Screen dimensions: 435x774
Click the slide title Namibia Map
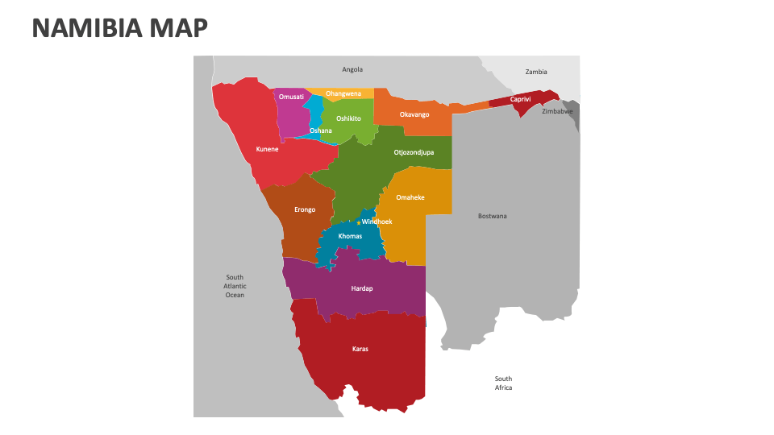120,28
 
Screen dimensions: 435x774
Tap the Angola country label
352,70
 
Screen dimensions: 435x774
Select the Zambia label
536,72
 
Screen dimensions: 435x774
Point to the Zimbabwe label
557,111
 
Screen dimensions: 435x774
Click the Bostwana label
493,216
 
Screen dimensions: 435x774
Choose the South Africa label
503,383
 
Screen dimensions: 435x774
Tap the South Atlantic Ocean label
235,286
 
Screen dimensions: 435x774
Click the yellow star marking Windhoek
359,222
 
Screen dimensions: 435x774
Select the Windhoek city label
377,222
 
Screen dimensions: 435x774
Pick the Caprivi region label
521,99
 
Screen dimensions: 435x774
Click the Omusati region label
291,97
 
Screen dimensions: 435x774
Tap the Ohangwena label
343,93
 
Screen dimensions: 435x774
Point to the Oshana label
321,130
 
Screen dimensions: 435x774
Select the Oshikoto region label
348,118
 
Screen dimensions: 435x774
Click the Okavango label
414,114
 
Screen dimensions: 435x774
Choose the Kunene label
268,149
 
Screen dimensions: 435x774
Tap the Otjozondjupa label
414,152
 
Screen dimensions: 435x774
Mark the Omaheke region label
410,197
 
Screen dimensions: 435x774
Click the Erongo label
305,209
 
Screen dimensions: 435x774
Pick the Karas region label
360,349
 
